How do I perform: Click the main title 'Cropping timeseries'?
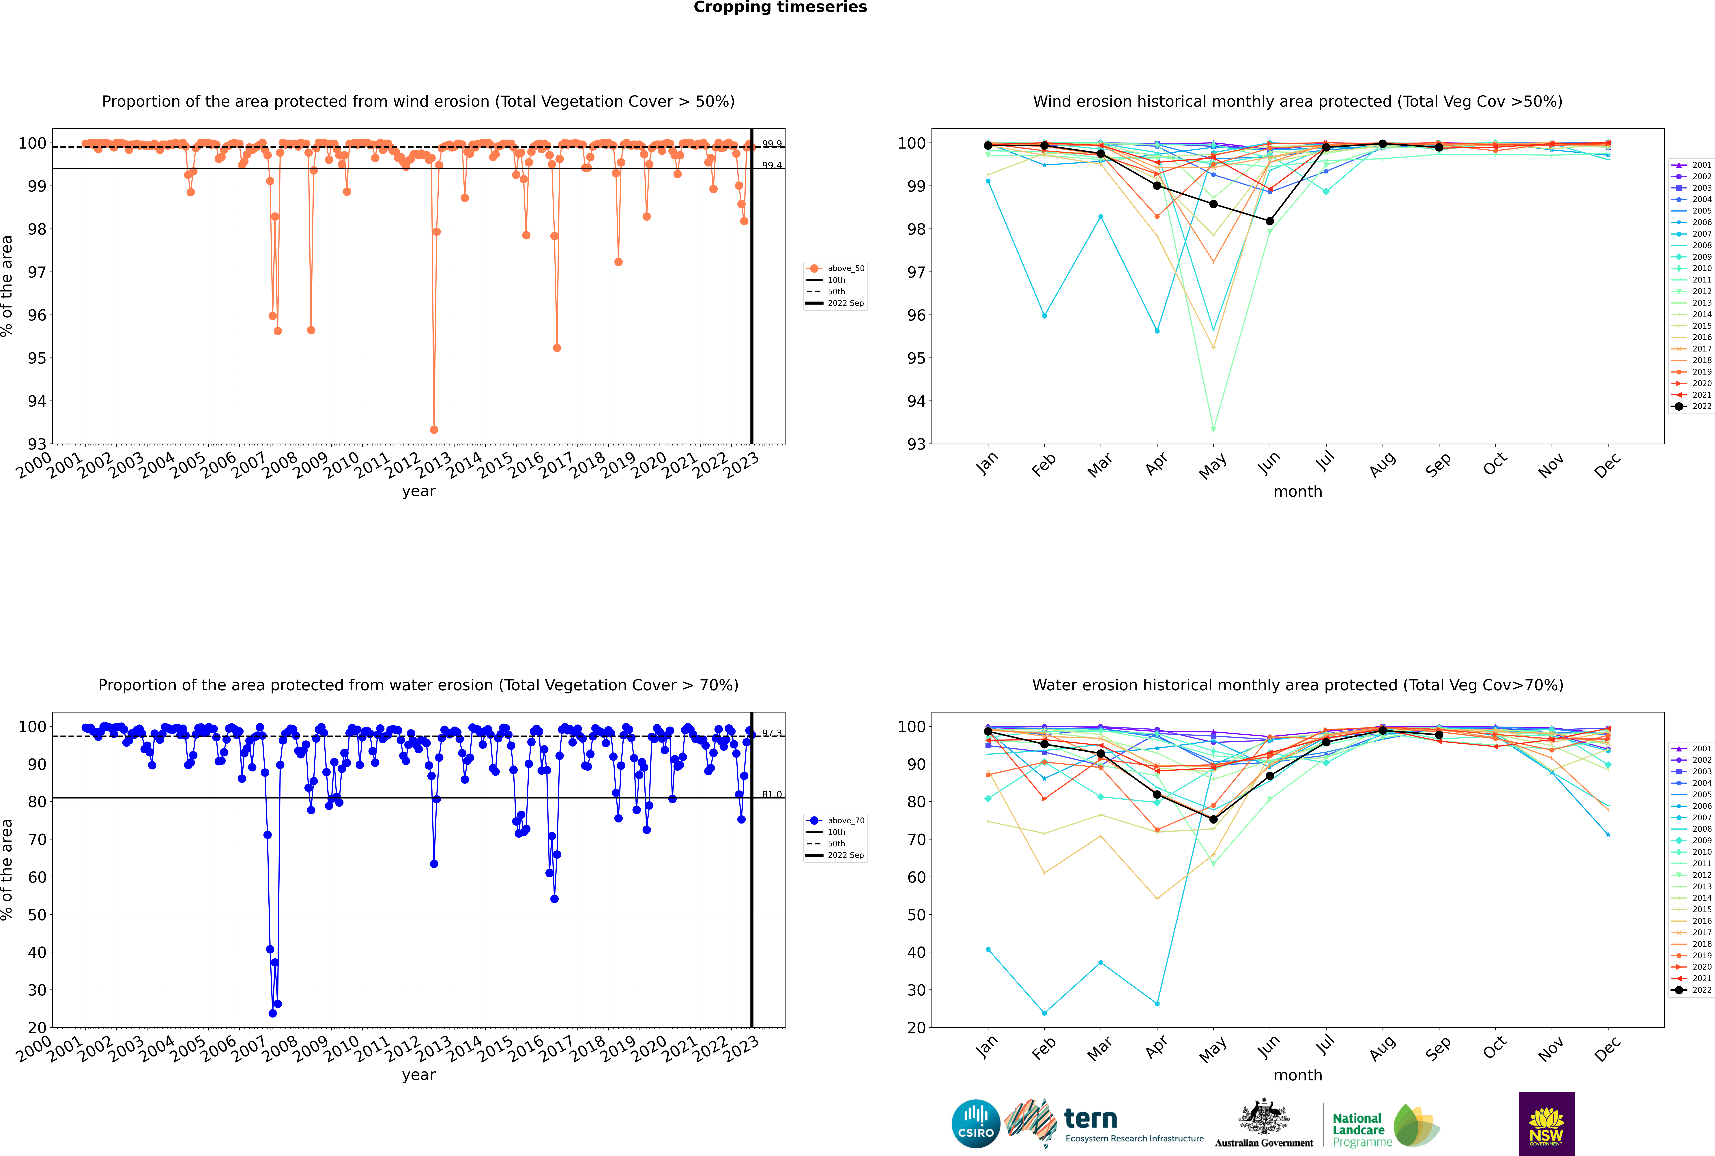click(x=780, y=7)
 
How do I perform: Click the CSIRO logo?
click(x=975, y=1124)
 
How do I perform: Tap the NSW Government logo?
click(x=1546, y=1124)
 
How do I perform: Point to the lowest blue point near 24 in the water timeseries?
click(x=273, y=1014)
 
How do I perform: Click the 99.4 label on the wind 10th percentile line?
click(x=772, y=165)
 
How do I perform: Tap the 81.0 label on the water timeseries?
click(x=772, y=794)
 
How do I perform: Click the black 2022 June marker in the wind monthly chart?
click(x=1270, y=221)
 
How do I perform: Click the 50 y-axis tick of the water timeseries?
click(x=37, y=915)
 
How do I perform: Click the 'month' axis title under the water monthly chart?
click(x=1298, y=1075)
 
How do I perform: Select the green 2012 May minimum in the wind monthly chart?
click(x=1214, y=429)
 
